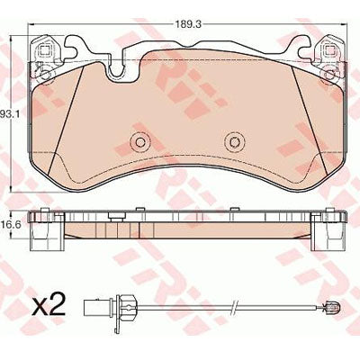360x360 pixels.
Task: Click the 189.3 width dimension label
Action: pos(188,25)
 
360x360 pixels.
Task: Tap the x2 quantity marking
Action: pos(49,305)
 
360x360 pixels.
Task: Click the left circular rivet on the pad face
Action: pos(139,141)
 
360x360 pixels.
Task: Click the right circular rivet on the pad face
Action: pos(235,141)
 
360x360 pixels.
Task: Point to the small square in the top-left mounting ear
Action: pos(44,50)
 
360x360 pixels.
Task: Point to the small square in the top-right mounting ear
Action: pos(329,50)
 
